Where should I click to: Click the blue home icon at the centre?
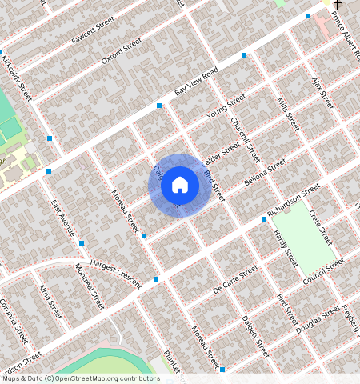[180, 186]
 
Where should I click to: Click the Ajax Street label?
[322, 94]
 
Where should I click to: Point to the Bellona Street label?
[265, 174]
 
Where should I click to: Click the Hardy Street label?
[286, 248]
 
